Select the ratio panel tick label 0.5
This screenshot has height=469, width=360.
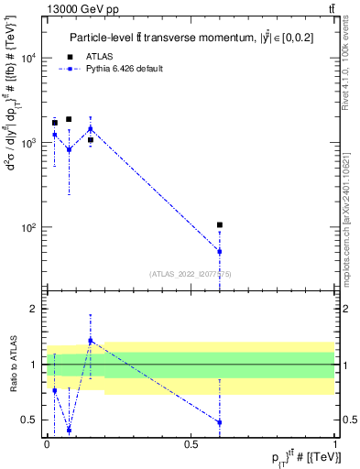(x=33, y=420)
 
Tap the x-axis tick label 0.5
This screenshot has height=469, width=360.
(x=191, y=442)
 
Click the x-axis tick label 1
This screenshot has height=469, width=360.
(x=334, y=442)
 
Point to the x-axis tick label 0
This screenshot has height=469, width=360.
(x=47, y=442)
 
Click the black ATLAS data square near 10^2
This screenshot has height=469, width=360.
(x=220, y=224)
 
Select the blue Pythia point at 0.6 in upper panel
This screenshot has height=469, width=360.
(x=220, y=251)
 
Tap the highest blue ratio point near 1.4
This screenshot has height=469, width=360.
(x=91, y=341)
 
